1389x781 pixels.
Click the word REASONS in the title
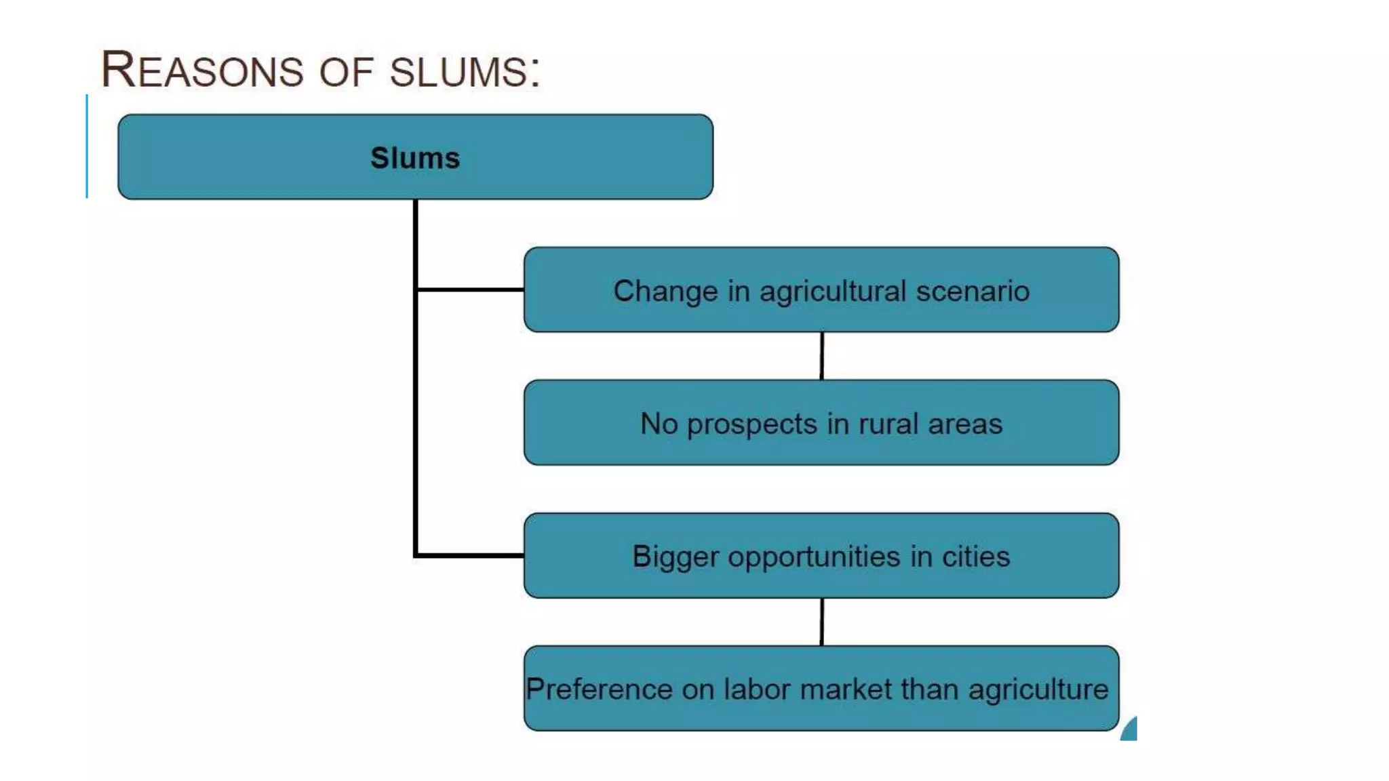point(202,70)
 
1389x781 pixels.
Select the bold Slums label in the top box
point(415,158)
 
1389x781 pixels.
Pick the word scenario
point(973,291)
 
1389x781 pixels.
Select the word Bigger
point(675,557)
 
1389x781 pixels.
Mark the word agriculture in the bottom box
point(1038,690)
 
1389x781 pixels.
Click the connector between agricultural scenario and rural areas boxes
point(822,356)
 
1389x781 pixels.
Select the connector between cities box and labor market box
point(822,622)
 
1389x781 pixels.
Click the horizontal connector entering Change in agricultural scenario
point(470,289)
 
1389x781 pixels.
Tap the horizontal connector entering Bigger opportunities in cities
point(470,555)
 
